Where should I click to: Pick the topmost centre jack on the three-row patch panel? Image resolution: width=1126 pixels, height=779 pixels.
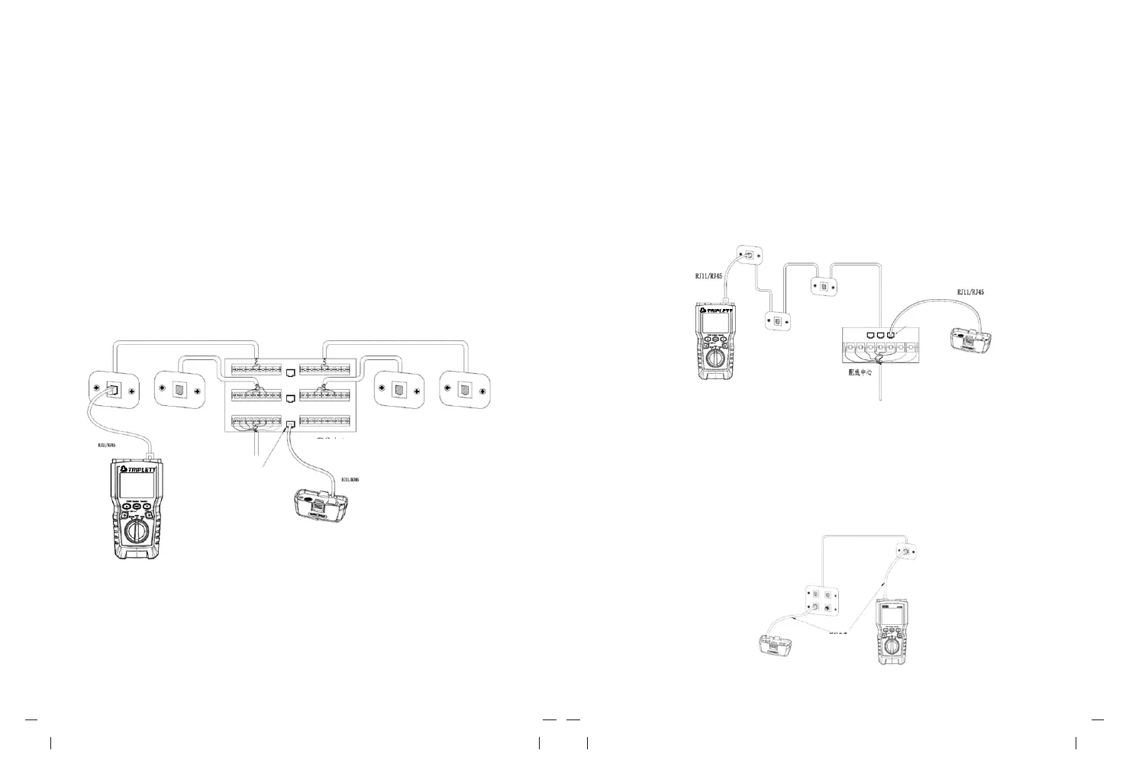click(290, 373)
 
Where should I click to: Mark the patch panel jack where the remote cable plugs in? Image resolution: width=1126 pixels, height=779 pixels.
click(290, 423)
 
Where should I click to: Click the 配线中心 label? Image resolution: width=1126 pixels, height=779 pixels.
click(865, 372)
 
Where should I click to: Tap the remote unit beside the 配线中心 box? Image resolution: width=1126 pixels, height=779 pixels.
click(971, 341)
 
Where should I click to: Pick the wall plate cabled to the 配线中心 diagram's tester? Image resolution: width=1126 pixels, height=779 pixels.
click(750, 256)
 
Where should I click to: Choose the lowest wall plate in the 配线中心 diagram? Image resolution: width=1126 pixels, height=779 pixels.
click(779, 322)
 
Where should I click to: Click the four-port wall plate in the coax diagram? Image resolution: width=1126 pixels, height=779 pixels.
click(825, 600)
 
